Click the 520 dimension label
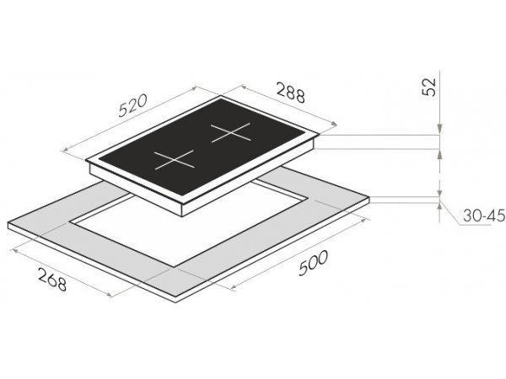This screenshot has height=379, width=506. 132,105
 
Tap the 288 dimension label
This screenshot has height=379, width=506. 290,93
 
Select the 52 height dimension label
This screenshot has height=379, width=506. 429,87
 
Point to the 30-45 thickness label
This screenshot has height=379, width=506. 484,216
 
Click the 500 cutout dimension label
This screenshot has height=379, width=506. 313,263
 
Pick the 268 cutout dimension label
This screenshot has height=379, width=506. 52,279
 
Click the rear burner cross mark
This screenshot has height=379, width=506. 231,132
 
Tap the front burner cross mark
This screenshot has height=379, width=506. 175,160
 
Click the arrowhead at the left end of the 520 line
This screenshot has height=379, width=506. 65,150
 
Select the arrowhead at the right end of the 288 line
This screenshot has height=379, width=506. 334,123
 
